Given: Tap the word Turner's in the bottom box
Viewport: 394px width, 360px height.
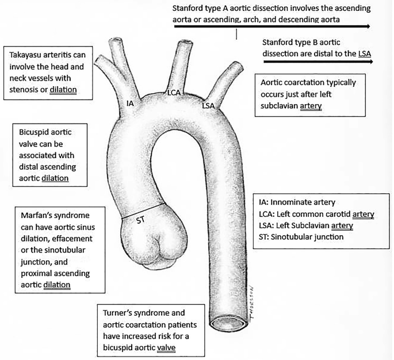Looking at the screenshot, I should pos(118,313).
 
